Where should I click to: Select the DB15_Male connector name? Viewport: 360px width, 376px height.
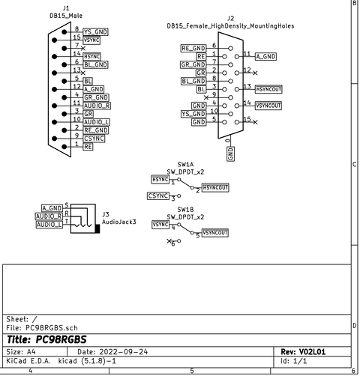66,15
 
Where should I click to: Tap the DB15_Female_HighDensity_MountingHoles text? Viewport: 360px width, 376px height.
230,25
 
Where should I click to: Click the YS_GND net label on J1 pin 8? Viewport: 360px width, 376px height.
95,32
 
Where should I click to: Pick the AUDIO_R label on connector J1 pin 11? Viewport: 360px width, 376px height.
97,105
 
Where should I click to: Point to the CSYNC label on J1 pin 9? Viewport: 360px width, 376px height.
94,139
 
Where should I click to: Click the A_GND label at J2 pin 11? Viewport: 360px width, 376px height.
265,57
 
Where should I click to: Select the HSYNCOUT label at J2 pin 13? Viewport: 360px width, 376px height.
268,89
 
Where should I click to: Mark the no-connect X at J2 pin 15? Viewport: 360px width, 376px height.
256,121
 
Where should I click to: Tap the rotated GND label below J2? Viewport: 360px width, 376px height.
230,154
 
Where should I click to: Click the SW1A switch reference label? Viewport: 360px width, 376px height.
185,163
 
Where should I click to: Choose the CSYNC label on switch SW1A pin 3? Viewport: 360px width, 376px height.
158,196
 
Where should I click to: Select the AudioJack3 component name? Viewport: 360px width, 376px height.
118,222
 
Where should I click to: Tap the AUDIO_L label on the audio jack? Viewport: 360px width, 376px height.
49,225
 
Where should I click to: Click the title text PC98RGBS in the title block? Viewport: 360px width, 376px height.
61,339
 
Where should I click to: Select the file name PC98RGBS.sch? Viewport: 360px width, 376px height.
52,328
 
